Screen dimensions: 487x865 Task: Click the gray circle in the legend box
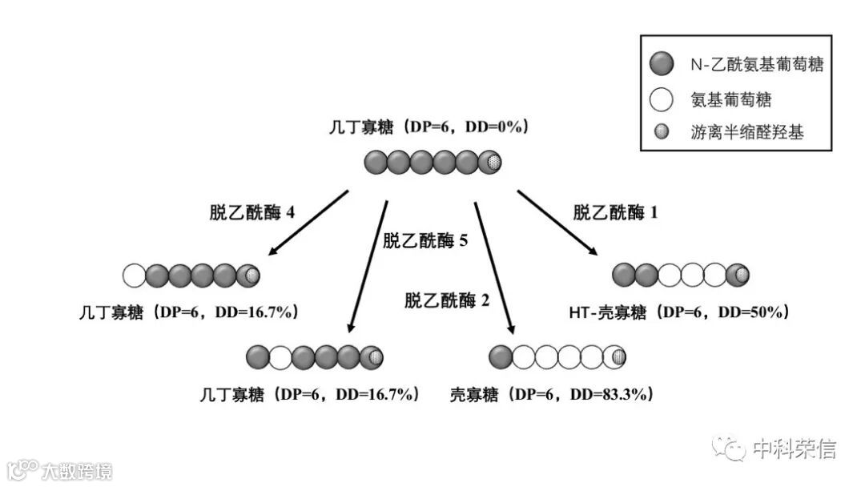pyautogui.click(x=662, y=64)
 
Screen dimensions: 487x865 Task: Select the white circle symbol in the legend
pyautogui.click(x=662, y=99)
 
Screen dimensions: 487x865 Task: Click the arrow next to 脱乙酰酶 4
pyautogui.click(x=308, y=223)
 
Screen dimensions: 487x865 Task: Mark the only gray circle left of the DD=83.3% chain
pyautogui.click(x=501, y=356)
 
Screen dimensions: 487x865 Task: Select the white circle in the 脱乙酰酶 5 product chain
pyautogui.click(x=280, y=356)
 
